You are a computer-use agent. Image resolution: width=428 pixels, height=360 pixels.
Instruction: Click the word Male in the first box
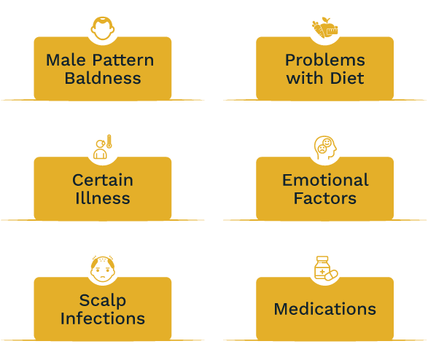pos(62,60)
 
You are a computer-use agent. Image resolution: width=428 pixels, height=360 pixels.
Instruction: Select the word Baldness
pos(103,78)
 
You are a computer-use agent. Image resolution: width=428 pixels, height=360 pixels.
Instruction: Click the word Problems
pos(324,60)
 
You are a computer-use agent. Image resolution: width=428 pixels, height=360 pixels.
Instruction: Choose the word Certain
pos(103,180)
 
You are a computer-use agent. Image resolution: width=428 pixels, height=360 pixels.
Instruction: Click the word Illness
pos(103,198)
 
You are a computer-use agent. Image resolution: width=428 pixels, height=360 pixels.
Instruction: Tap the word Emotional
pos(325,180)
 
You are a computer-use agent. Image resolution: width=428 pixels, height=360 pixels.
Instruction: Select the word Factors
pos(325,198)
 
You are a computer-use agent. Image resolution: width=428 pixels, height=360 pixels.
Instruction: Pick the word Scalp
pos(103,300)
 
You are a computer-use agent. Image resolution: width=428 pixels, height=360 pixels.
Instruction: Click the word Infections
pos(103,318)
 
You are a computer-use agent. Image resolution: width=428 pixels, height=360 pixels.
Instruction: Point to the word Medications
pos(325,309)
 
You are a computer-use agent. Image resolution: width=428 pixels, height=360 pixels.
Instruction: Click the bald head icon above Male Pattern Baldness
pos(103,28)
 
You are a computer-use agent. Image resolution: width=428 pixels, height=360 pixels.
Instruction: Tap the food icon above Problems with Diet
pos(325,28)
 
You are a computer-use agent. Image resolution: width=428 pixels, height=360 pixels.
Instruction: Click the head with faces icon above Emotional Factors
pos(325,149)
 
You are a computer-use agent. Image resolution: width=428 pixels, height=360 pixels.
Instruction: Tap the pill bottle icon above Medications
pos(325,269)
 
